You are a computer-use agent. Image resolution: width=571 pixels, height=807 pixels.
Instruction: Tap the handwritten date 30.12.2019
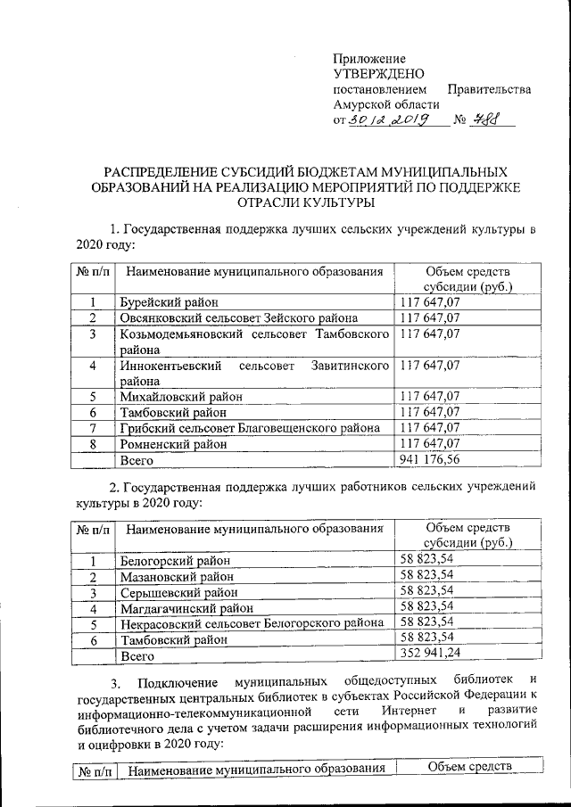[x=392, y=120]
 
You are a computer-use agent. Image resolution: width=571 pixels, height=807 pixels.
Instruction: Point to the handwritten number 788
[x=486, y=119]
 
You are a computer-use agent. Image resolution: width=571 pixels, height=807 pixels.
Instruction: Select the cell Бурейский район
[x=169, y=303]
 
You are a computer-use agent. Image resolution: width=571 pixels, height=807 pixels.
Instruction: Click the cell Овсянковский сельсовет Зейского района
[x=239, y=317]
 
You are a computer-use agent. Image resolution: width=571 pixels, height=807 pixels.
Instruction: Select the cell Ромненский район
[x=173, y=443]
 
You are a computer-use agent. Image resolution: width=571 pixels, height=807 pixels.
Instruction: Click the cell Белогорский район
[x=176, y=559]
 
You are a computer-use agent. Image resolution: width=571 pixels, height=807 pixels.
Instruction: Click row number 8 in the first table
[x=92, y=443]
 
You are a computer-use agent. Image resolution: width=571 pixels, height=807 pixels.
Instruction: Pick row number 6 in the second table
[x=92, y=639]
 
